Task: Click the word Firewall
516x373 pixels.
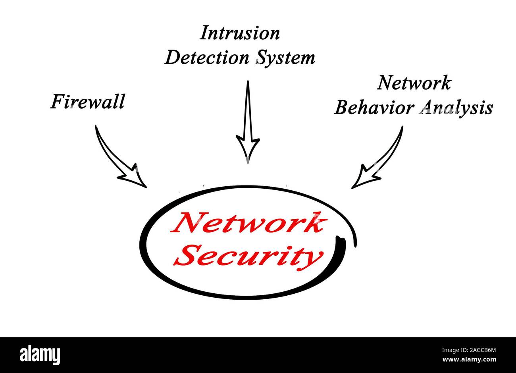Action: point(87,101)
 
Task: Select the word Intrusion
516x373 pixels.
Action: point(239,33)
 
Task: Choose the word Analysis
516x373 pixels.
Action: point(456,108)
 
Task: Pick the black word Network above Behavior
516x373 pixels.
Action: point(414,83)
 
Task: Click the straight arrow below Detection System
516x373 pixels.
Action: point(248,119)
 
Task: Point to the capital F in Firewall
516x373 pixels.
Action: point(57,102)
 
